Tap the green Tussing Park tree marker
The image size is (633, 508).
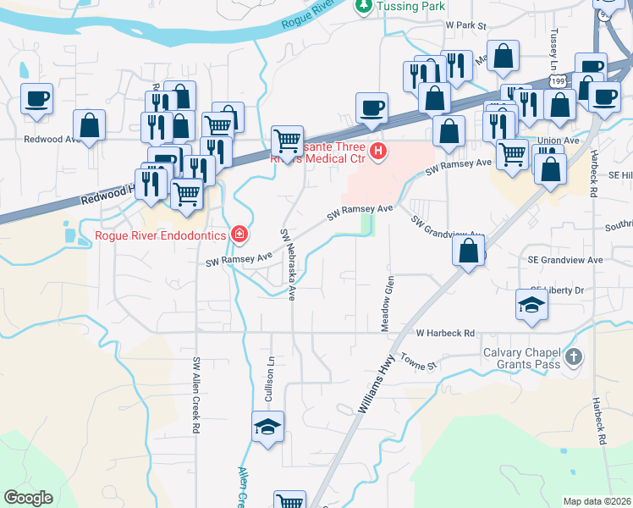363,6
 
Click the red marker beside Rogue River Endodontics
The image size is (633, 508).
239,234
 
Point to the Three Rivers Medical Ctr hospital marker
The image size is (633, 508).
378,152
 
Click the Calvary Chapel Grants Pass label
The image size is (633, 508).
521,359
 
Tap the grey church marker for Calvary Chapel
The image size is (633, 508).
574,357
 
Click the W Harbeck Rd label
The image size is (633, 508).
445,334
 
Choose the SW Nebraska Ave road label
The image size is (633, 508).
289,264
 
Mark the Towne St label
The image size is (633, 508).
417,362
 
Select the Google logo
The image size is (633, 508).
28,498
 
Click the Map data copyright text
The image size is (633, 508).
597,501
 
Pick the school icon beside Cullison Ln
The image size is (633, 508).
267,428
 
